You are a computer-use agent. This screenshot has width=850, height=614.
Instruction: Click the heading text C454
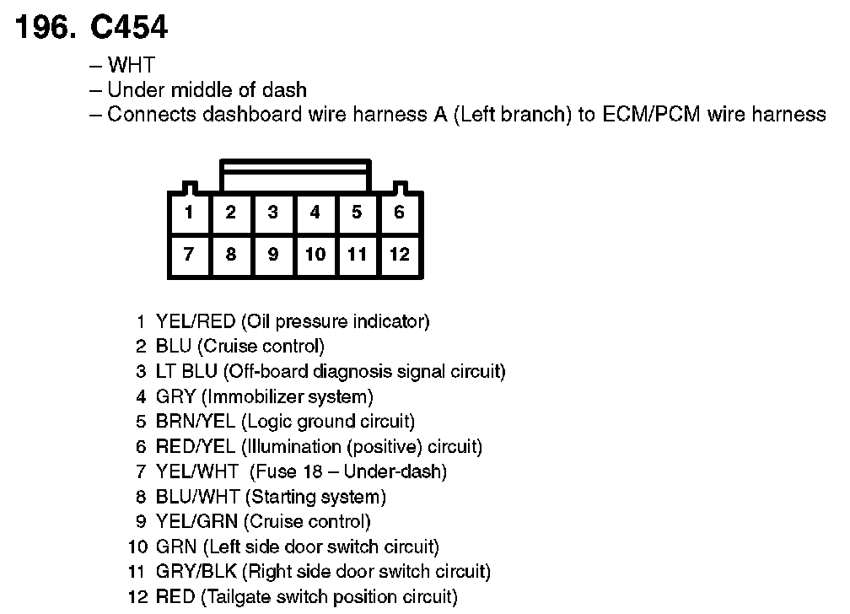pos(129,28)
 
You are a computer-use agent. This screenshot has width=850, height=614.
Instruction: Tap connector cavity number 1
pos(189,213)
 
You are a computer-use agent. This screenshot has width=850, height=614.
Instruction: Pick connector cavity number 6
pos(400,213)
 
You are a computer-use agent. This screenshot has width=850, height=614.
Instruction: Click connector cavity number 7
pos(189,254)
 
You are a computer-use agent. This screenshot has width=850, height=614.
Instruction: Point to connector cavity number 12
pos(400,254)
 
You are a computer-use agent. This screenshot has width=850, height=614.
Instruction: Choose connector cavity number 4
pos(315,213)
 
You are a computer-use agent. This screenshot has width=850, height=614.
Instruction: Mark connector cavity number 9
pos(273,254)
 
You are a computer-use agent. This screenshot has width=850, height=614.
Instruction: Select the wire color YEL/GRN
pos(196,522)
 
